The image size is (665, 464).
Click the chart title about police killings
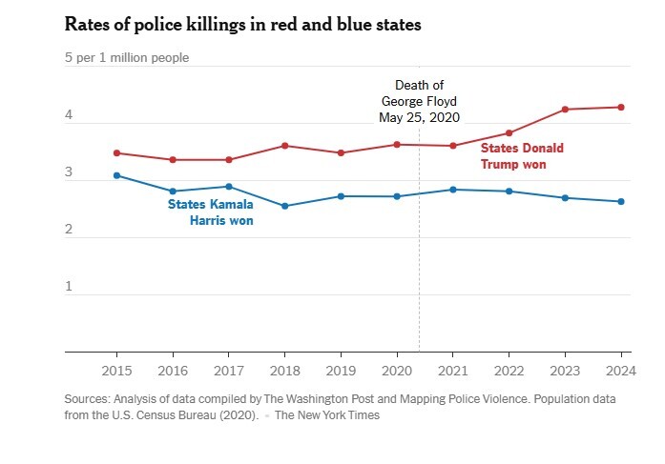pyautogui.click(x=243, y=24)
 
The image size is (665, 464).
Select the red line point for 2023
pyautogui.click(x=566, y=110)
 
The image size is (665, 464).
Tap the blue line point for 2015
pyautogui.click(x=116, y=175)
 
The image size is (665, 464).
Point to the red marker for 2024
pyautogui.click(x=621, y=107)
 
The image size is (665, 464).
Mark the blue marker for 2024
pyautogui.click(x=621, y=201)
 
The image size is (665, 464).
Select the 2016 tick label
pyautogui.click(x=173, y=370)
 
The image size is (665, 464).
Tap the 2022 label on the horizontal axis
pyautogui.click(x=509, y=370)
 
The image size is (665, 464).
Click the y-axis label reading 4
pyautogui.click(x=69, y=115)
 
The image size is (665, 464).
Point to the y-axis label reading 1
pyautogui.click(x=69, y=287)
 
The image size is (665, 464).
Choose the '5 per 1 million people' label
pyautogui.click(x=127, y=57)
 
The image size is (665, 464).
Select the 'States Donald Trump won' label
pyautogui.click(x=521, y=156)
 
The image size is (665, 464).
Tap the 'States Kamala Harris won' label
pyautogui.click(x=211, y=212)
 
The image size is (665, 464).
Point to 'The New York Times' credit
pyautogui.click(x=327, y=415)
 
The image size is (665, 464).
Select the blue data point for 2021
pyautogui.click(x=454, y=190)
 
